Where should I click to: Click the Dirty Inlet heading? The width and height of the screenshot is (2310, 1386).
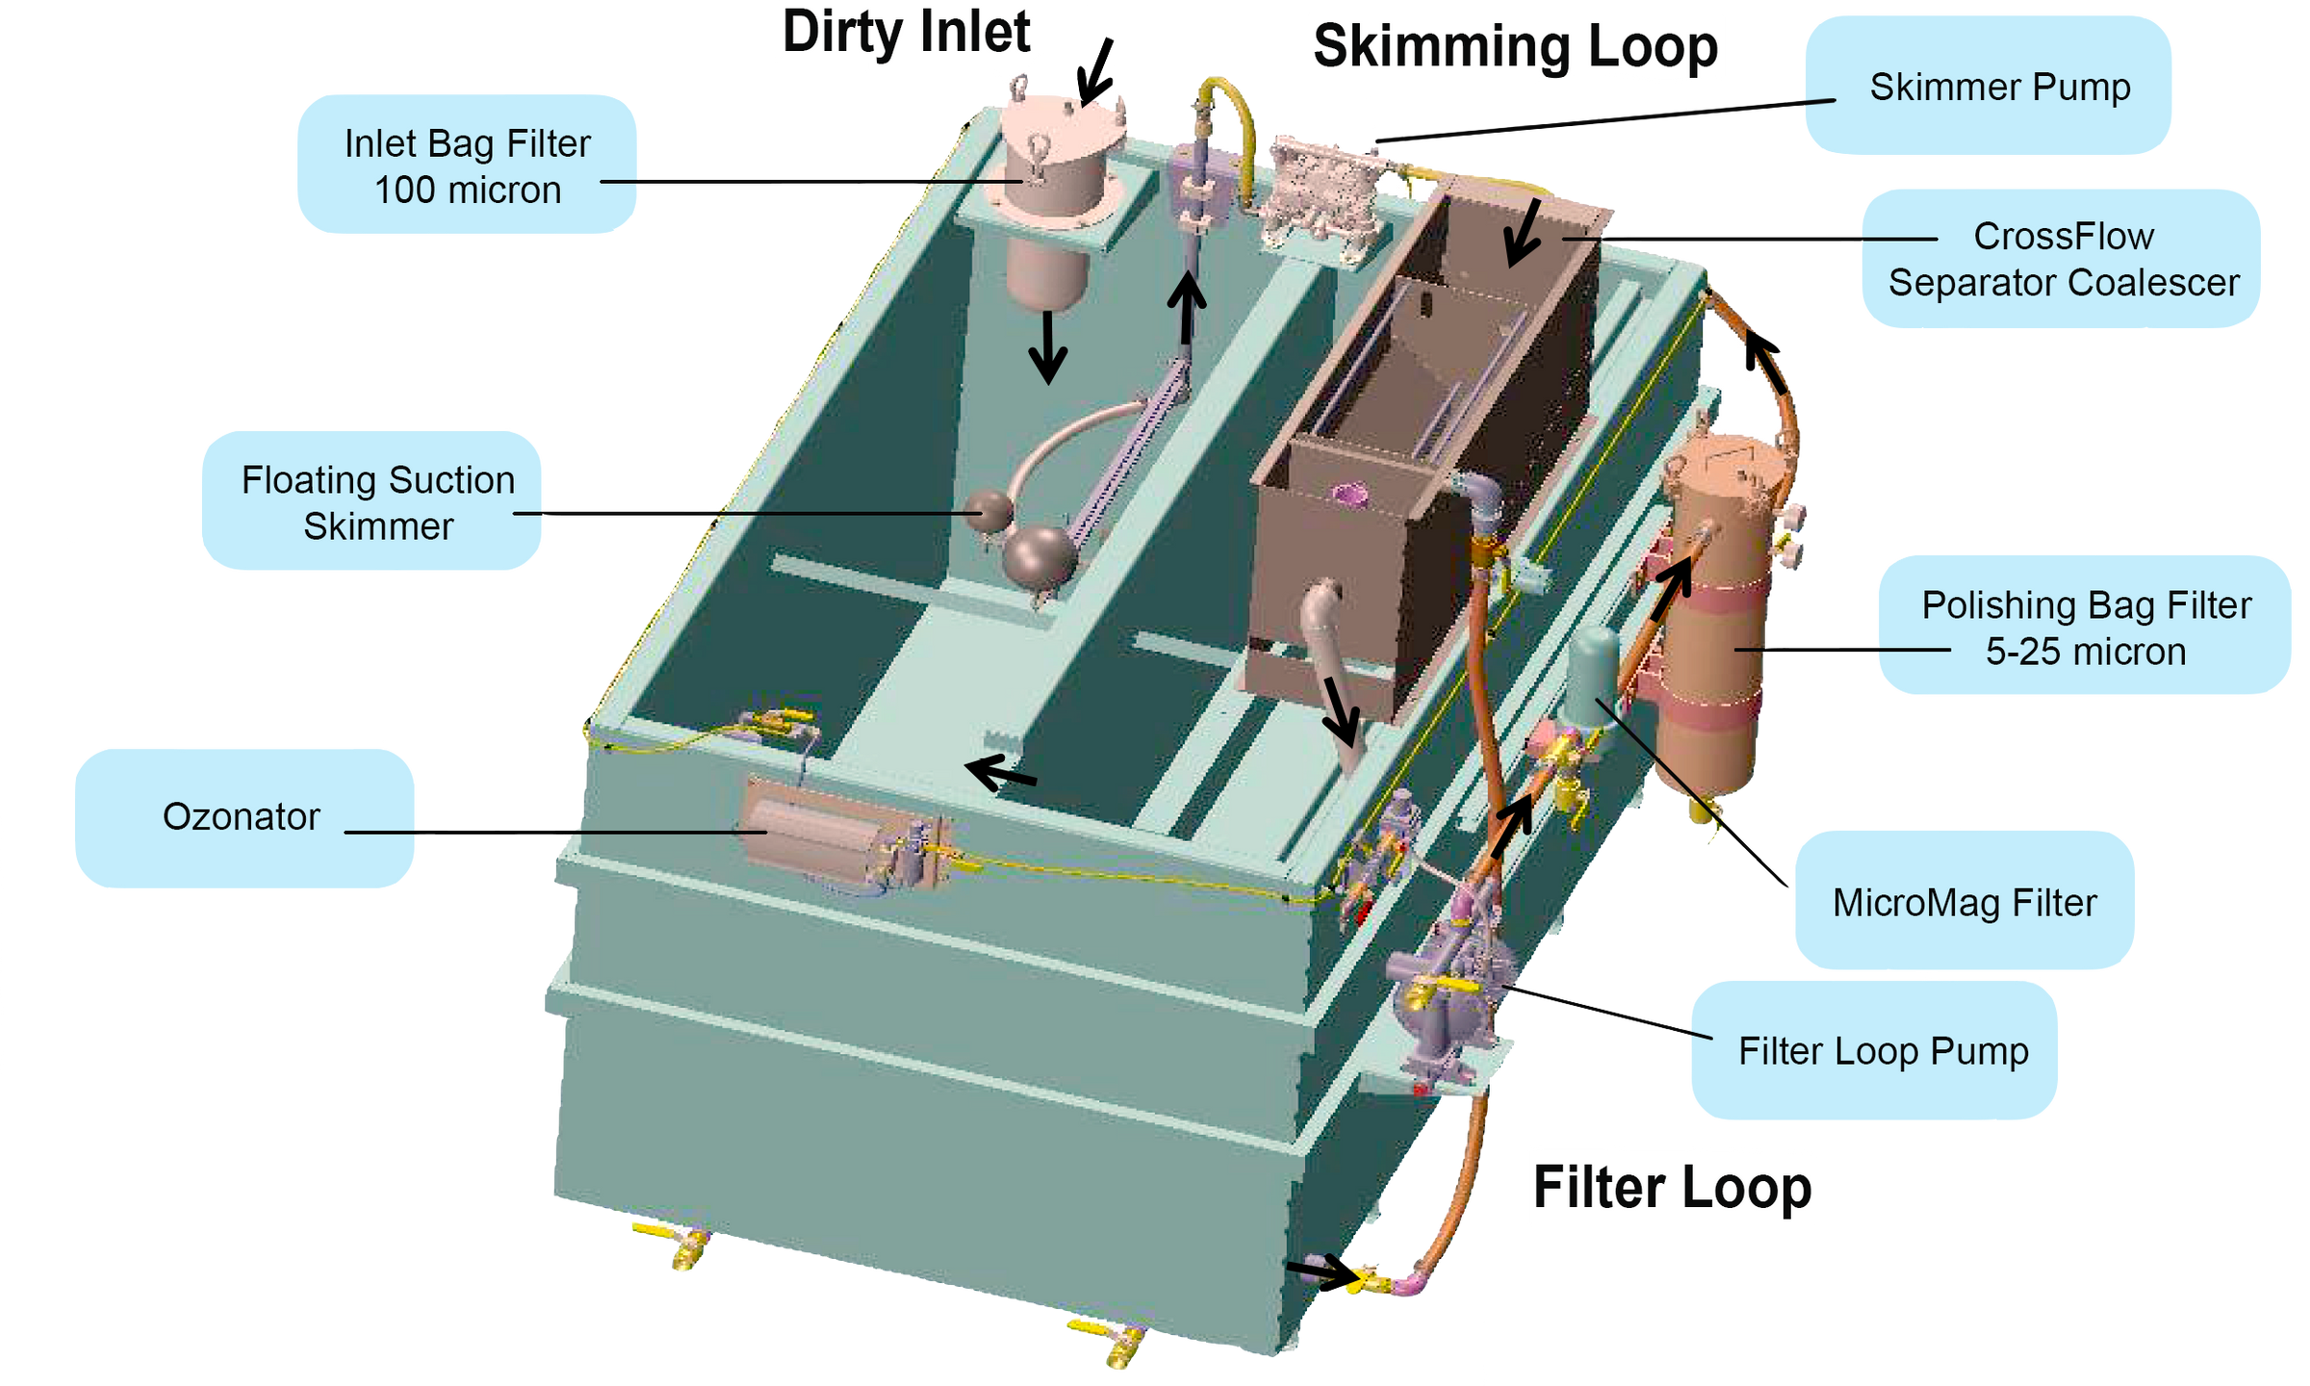pos(906,34)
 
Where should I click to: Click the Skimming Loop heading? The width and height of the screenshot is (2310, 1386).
pos(1515,46)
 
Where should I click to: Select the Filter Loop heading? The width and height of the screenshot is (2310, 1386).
pos(1672,1187)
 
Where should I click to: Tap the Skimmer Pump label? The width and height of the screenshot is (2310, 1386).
pos(1999,87)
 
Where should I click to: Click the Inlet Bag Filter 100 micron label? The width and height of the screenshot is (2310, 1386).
pos(467,166)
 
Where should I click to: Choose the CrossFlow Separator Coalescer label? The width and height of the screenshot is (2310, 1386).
pos(2064,259)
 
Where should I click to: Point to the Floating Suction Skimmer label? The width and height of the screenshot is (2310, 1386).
pos(377,502)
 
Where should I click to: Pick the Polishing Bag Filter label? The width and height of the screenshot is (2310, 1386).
pos(2086,628)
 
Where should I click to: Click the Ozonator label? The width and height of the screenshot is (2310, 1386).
pos(242,816)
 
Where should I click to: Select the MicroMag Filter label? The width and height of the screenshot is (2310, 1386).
pos(1964,903)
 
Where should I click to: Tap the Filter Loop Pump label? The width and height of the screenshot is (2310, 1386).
pos(1883,1050)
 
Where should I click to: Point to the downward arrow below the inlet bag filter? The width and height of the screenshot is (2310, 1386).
pos(1047,346)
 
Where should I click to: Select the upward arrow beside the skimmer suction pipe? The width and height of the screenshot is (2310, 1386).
pos(1187,306)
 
